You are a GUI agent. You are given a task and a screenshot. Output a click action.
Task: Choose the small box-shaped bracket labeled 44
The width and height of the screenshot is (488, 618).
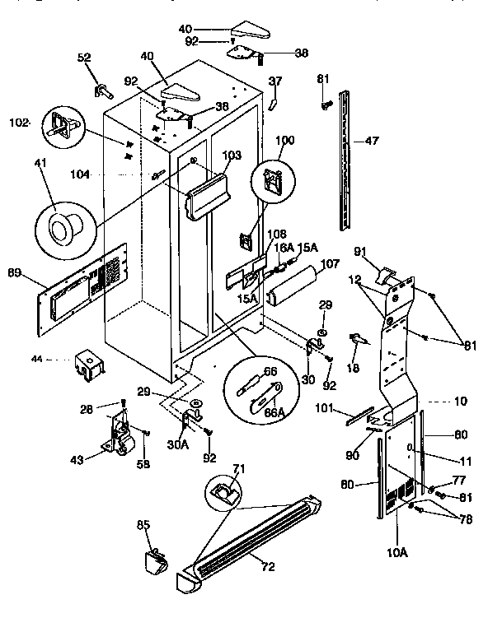click(87, 363)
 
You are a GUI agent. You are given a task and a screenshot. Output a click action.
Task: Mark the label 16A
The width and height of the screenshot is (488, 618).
click(284, 246)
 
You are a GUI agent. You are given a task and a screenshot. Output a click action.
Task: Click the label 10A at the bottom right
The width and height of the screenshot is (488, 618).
click(396, 553)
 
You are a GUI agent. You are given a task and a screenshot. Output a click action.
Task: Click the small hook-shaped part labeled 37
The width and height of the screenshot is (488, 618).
click(273, 104)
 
